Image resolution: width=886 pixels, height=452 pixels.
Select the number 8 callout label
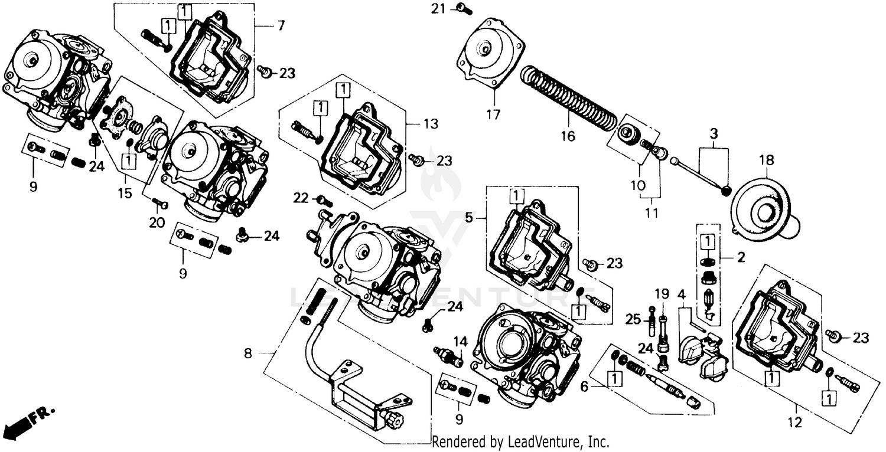point(249,353)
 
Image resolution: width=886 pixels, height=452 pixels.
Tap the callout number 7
point(281,25)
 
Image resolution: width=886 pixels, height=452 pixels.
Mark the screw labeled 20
point(159,204)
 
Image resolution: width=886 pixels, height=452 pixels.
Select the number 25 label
point(633,319)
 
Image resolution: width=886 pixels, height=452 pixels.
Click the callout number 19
point(661,293)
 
